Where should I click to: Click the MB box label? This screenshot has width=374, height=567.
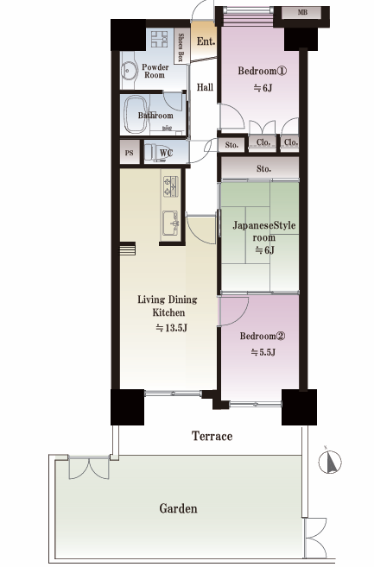[302, 12]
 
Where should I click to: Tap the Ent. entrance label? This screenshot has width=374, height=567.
[206, 41]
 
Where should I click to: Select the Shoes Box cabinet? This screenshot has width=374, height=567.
[181, 47]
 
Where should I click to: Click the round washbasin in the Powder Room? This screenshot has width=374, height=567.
[129, 71]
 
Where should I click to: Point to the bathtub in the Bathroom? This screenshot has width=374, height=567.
[136, 115]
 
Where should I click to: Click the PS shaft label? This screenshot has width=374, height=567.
[130, 153]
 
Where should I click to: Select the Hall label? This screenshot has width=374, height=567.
[205, 87]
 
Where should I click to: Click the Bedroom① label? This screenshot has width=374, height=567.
[262, 71]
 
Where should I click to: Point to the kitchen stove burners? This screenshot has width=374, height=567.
[170, 186]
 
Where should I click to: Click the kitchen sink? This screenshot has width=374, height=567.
[171, 224]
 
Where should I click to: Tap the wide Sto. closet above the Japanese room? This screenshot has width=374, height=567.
[260, 168]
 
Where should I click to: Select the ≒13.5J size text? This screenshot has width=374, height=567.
[171, 328]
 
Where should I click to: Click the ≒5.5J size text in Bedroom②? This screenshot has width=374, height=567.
[263, 352]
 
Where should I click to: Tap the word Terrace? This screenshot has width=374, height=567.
[212, 436]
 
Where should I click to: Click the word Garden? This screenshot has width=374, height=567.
[179, 508]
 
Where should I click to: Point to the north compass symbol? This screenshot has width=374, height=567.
[330, 462]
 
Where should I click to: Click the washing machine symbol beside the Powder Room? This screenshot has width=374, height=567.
[159, 39]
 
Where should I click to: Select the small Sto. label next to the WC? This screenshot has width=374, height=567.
[231, 145]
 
